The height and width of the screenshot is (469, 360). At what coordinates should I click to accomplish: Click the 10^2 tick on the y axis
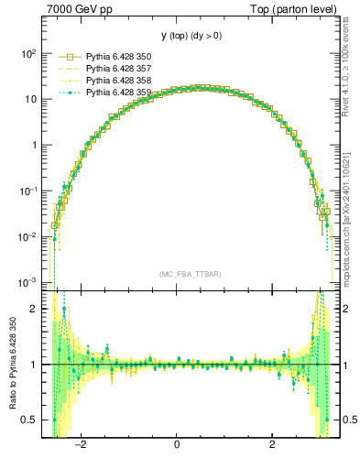pyautogui.click(x=27, y=53)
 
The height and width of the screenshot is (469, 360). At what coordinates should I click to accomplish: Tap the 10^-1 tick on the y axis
pyautogui.click(x=27, y=191)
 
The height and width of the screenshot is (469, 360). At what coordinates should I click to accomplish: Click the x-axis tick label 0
pyautogui.click(x=177, y=446)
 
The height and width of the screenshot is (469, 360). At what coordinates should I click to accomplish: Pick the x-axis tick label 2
pyautogui.click(x=273, y=446)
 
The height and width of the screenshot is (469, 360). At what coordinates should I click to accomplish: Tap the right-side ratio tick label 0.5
pyautogui.click(x=347, y=420)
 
